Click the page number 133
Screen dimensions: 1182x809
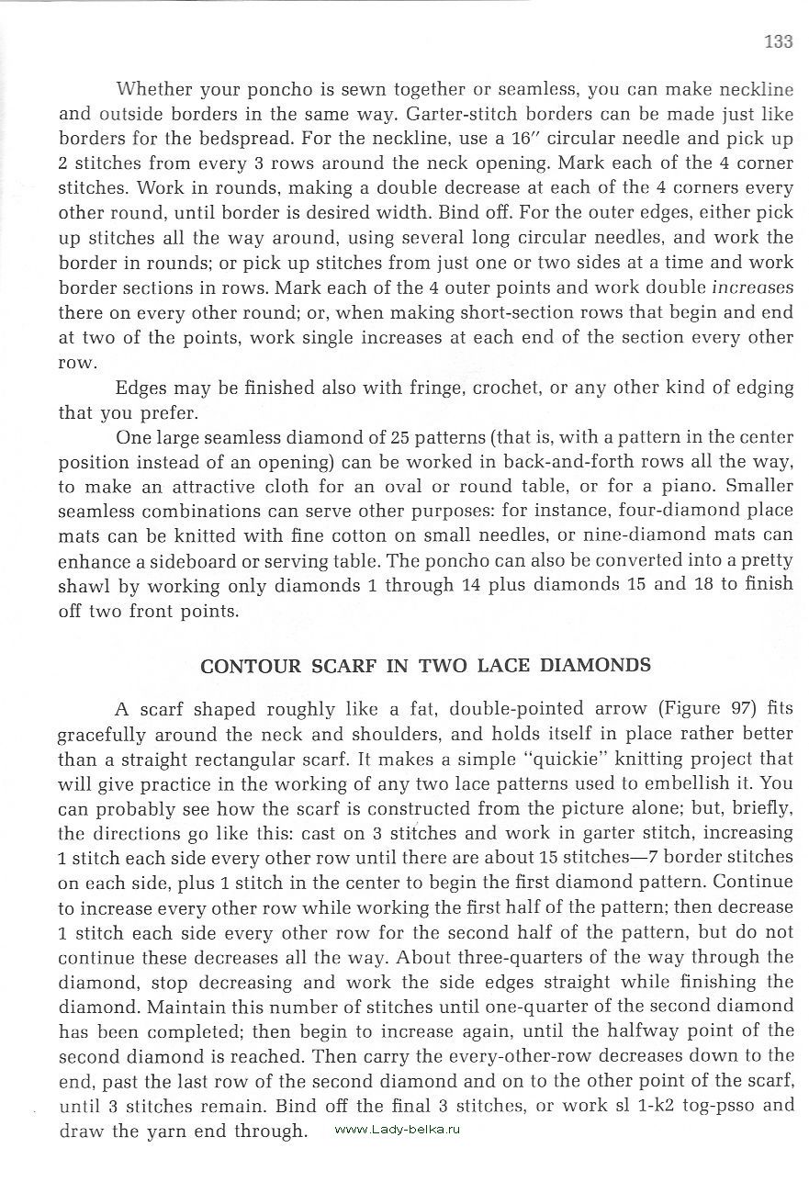(777, 40)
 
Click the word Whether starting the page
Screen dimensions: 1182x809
(152, 90)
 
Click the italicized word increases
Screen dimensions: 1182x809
(752, 287)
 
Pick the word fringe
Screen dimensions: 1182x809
(432, 387)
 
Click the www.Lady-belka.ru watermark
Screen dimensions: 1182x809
(397, 1130)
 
